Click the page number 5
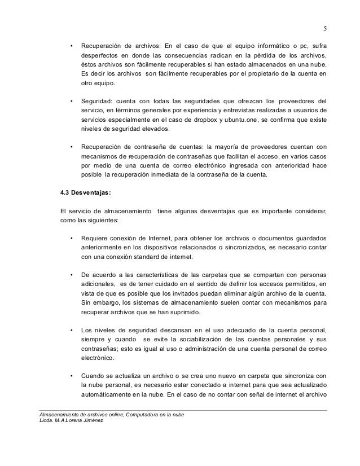coord(324,29)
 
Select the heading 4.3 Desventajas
coord(85,193)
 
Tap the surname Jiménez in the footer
coord(86,423)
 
